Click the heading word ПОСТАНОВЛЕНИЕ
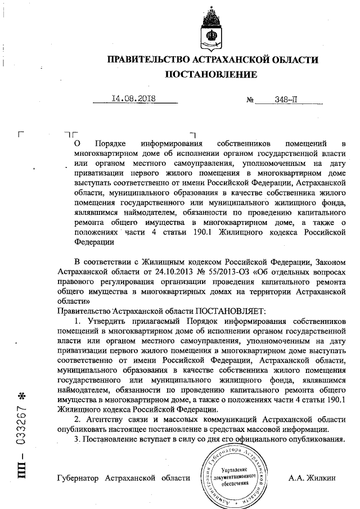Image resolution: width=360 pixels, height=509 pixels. click(211, 74)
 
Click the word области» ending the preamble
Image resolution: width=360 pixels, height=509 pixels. click(72, 301)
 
